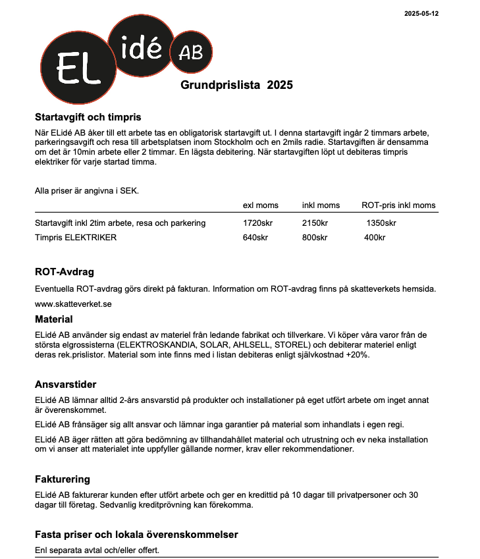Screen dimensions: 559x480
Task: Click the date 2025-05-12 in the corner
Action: (421, 13)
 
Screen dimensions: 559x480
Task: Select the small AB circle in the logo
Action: (191, 52)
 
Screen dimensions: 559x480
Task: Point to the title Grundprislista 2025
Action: (236, 85)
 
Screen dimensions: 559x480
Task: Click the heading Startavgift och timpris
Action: (88, 117)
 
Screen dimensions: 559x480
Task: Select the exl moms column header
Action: (261, 205)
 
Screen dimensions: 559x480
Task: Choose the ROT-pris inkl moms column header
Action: (398, 205)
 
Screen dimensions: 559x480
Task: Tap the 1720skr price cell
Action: (257, 223)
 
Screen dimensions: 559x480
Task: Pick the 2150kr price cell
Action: (315, 223)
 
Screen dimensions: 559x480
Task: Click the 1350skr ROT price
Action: (381, 223)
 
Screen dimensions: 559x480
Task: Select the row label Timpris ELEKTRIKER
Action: (76, 237)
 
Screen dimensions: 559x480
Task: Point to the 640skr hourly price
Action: (255, 237)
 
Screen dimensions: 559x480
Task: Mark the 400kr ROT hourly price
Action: (375, 237)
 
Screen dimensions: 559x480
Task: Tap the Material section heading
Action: (53, 319)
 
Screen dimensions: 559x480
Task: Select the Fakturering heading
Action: (62, 479)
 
